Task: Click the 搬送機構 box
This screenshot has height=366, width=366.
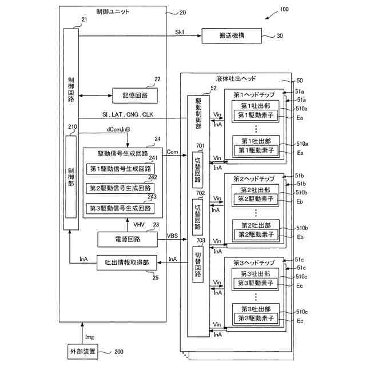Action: (232, 35)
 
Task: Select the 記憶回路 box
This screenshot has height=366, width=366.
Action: (135, 96)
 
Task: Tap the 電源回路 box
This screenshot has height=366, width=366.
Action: (128, 239)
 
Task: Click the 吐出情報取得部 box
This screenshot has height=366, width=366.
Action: (127, 262)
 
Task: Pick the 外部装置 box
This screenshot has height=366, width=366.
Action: (82, 352)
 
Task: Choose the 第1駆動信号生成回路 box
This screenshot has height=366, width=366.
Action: (121, 169)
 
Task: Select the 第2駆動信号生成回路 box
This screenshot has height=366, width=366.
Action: (120, 188)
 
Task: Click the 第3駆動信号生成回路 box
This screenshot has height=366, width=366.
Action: (120, 208)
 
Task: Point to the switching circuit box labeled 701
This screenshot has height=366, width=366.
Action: (197, 170)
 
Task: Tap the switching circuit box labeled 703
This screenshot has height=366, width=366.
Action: (198, 264)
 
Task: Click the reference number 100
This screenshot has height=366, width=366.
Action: (284, 9)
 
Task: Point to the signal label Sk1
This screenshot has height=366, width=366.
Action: (180, 32)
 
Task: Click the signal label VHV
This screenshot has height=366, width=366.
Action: (139, 225)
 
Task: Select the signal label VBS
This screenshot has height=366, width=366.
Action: (172, 236)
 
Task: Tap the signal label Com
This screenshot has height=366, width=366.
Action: (172, 152)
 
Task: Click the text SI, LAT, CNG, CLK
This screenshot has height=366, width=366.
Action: (128, 114)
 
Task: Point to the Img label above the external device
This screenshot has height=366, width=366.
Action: (90, 337)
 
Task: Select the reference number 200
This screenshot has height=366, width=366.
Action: (119, 352)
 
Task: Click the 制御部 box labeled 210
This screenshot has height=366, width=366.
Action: (71, 177)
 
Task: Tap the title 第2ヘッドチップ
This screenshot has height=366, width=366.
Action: (254, 179)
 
